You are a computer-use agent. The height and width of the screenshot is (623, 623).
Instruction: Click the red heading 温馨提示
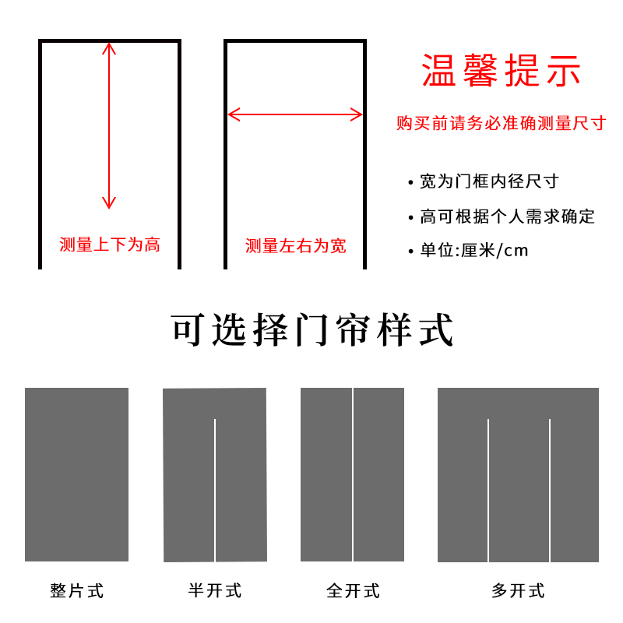[x=502, y=71]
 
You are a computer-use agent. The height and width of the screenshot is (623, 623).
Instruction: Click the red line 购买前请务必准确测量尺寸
[x=501, y=124]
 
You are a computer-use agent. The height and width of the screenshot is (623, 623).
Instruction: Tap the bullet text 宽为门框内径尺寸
[x=489, y=181]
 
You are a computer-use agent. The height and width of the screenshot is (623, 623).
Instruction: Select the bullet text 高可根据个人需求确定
[x=507, y=216]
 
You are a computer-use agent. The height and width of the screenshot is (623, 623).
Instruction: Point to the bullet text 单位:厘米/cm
[x=473, y=251]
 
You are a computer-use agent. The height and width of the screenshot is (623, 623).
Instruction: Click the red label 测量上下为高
[x=110, y=245]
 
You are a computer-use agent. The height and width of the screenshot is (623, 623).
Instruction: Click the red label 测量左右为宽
[x=296, y=246]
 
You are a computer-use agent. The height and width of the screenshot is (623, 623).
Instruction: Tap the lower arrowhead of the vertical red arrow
[x=109, y=204]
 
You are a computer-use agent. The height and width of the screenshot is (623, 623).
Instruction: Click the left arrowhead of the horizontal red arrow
[x=231, y=115]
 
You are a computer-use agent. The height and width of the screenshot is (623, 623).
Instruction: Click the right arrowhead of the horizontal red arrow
[x=358, y=115]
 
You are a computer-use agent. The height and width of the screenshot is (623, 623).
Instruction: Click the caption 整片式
[x=77, y=590]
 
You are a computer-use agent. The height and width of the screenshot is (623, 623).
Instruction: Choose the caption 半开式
[x=215, y=590]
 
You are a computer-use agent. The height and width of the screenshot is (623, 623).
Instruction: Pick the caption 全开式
[x=353, y=590]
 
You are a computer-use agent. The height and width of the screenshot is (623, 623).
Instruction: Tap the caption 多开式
[x=518, y=590]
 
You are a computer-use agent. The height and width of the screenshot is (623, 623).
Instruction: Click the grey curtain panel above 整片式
[x=76, y=474]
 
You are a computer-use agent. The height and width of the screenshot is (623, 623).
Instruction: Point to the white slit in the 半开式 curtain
[x=215, y=491]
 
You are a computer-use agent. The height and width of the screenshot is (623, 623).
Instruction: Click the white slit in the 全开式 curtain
[x=353, y=474]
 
